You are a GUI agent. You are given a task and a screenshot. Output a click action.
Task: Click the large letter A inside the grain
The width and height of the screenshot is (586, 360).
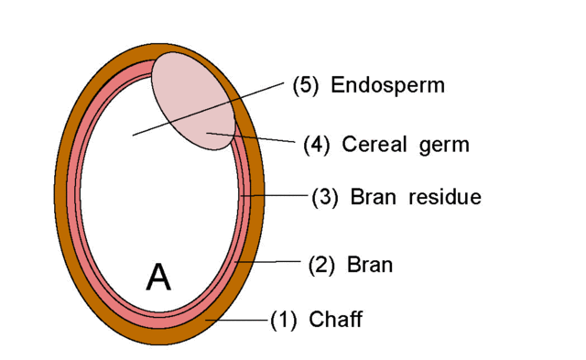157,276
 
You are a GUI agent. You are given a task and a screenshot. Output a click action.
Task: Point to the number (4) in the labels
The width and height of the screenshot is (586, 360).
317,145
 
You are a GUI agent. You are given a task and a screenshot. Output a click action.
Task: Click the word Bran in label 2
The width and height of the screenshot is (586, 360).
369,266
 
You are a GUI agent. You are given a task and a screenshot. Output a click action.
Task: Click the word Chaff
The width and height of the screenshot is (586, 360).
335,320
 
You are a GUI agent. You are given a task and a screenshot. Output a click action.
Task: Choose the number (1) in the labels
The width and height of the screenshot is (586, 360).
284,320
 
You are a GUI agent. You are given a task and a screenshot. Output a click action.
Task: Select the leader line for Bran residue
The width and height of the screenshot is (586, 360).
275,195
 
